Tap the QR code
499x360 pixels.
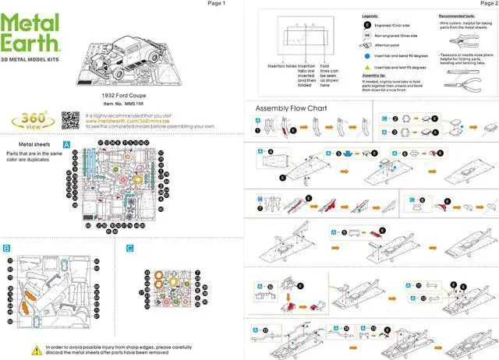pyautogui.click(x=70, y=120)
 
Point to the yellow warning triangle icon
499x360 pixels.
pyautogui.click(x=37, y=347)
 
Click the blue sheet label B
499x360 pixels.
pyautogui.click(x=6, y=248)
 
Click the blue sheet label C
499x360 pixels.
pyautogui.click(x=129, y=248)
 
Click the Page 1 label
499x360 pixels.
pyautogui.click(x=216, y=4)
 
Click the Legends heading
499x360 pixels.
pyautogui.click(x=371, y=16)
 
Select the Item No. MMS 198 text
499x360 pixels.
pyautogui.click(x=124, y=103)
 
